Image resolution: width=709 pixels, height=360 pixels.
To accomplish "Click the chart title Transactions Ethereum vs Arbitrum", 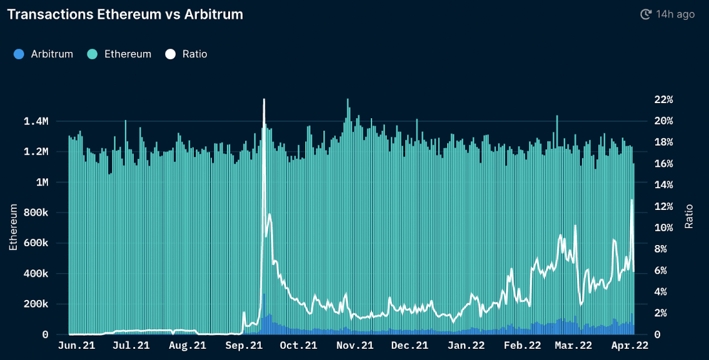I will pos(124,14).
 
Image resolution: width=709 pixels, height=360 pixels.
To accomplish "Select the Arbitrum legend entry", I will pos(43,54).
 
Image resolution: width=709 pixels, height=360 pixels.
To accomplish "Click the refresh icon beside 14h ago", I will pos(646,14).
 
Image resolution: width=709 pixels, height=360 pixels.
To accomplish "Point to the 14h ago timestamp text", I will pos(675,14).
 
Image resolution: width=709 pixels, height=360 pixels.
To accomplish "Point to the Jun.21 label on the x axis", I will pos(76,345).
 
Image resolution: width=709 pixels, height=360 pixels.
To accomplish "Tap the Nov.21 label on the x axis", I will pos(354,345).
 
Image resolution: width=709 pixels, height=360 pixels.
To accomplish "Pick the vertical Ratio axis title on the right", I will pos(690,216).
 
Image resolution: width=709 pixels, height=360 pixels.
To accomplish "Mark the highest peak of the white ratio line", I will pos(264,99).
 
